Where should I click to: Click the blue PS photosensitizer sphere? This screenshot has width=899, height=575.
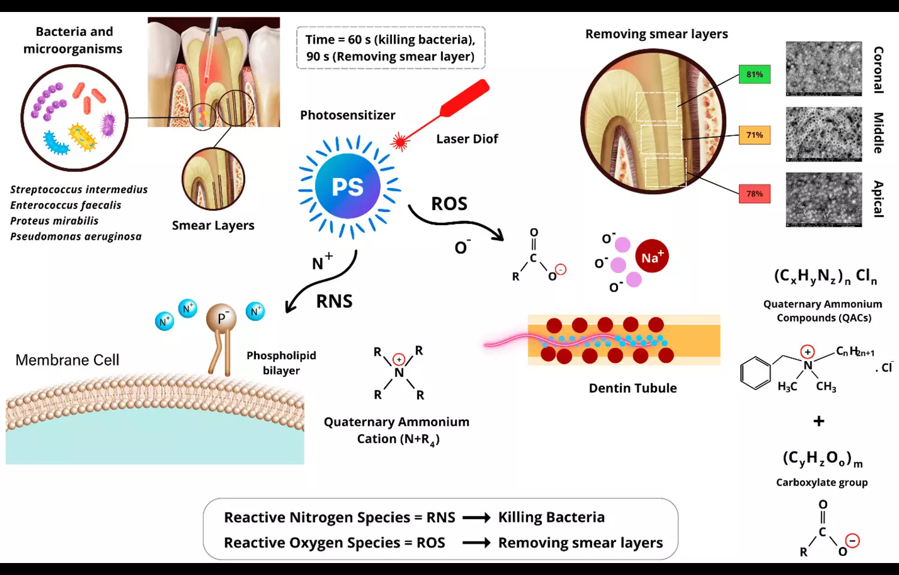348,186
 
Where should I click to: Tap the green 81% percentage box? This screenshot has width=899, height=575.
755,74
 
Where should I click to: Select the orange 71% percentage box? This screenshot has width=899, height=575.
755,135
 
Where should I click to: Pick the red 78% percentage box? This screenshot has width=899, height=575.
755,193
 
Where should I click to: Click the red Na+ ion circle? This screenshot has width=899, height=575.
651,256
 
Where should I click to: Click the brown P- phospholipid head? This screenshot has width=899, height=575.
221,319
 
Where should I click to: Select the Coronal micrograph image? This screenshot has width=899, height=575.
823,68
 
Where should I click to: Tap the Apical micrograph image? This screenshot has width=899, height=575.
823,199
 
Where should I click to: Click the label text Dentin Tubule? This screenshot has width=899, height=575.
632,388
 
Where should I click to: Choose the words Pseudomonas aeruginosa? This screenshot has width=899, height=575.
76,237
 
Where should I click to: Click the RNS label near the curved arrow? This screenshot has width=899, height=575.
334,301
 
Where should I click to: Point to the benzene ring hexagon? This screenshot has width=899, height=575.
755,373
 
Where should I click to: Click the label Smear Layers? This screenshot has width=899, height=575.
213,226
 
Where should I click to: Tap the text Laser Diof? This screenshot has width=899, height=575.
467,139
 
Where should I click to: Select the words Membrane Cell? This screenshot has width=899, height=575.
67,360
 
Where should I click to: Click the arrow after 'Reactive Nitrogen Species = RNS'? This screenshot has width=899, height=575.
476,517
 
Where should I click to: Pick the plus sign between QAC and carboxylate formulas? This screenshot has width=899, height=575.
819,421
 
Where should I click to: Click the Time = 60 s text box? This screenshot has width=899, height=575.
390,48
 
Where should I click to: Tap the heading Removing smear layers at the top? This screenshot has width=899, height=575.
656,34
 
